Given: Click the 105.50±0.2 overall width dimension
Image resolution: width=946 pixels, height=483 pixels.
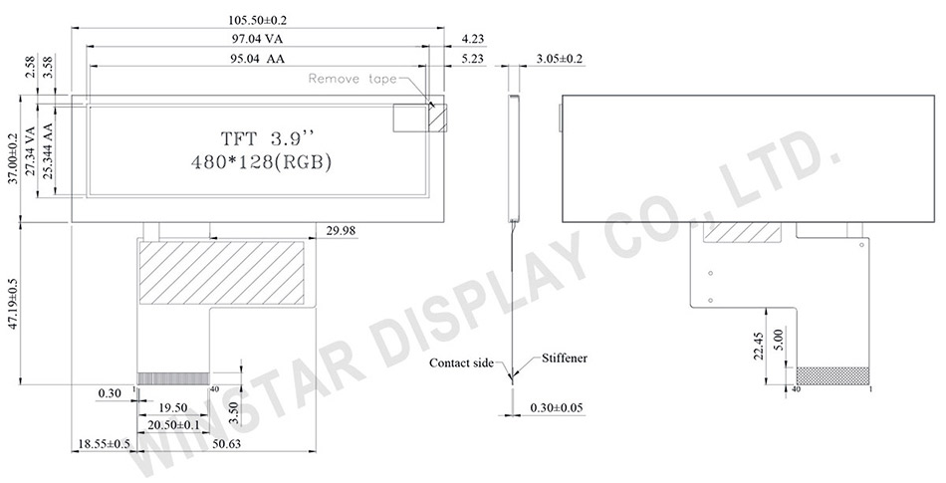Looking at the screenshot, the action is coord(257,20).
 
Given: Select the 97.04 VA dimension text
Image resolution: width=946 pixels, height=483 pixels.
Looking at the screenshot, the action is coord(259,39).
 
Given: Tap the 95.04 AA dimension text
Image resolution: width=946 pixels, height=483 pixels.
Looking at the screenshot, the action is coord(259,59).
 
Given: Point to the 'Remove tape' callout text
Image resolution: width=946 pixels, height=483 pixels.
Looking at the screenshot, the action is coord(353,79).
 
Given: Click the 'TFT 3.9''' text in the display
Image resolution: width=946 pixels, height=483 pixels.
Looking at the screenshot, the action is coord(267,138).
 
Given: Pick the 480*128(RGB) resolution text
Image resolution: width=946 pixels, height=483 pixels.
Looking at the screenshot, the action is coord(261,162).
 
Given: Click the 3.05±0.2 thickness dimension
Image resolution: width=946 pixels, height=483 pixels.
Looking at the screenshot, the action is coord(559,59).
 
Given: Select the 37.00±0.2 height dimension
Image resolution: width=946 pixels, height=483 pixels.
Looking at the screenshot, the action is coord(13,159).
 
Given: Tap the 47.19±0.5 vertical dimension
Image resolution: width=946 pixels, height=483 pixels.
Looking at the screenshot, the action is coord(13,305).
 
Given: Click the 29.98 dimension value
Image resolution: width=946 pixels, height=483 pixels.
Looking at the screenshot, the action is coord(341,231).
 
